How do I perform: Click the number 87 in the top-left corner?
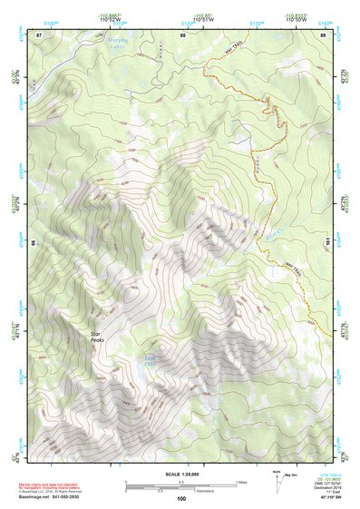[x=39, y=34]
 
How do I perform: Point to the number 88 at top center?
[x=182, y=34]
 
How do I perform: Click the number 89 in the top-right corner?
[x=324, y=34]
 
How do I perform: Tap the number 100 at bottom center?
[x=181, y=499]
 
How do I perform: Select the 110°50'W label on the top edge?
[x=298, y=18]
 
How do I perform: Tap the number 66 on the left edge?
[x=34, y=243]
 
